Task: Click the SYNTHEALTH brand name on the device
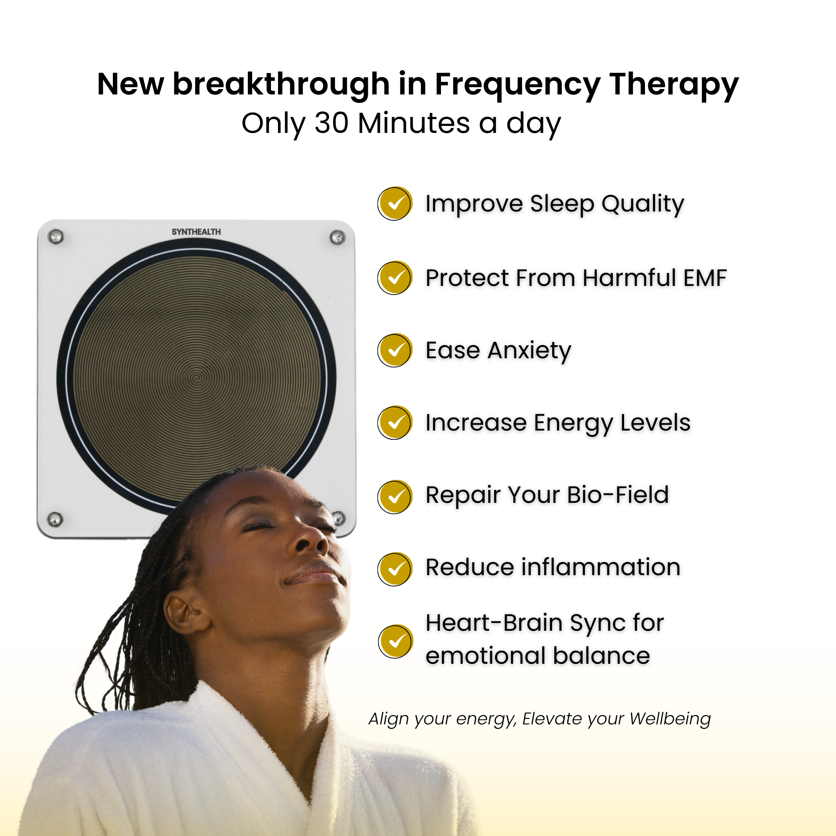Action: pos(196,232)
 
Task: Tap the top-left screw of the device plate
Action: pos(56,237)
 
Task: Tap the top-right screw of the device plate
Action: pos(337,237)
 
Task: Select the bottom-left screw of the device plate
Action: pos(55,519)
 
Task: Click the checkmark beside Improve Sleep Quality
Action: pos(395,204)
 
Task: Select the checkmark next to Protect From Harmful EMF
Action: pos(395,278)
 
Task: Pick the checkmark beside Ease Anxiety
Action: pos(395,350)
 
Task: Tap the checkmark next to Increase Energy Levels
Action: pos(395,423)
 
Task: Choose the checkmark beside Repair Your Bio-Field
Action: pos(395,497)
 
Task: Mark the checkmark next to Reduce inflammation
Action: pos(395,569)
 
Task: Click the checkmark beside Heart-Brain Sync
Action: pos(395,641)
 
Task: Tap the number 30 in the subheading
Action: pos(331,123)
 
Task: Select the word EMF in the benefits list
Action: pos(705,278)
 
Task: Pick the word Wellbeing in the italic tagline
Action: pos(670,719)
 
